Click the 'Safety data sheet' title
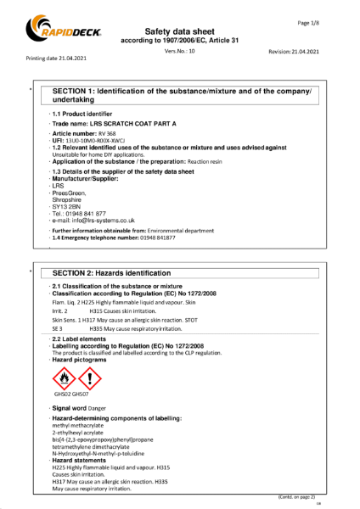(181, 31)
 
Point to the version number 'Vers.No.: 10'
(180, 51)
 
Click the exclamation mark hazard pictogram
(88, 377)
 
